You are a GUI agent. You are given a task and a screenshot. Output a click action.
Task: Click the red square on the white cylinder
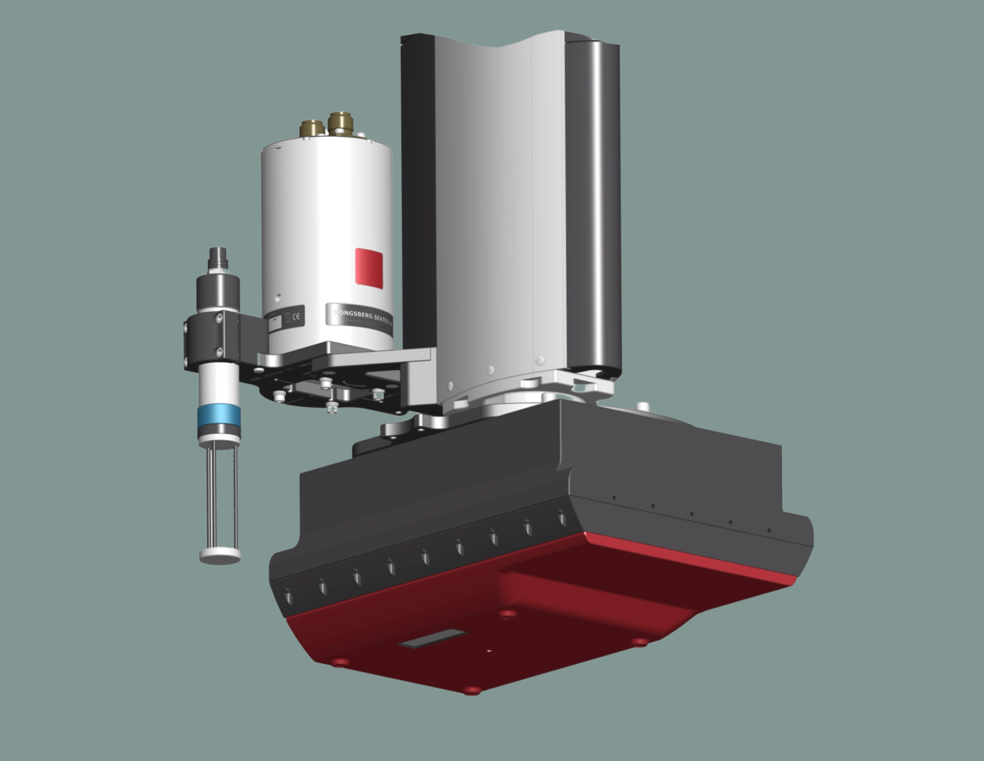369,268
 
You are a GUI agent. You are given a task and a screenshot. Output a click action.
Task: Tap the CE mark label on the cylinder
295,316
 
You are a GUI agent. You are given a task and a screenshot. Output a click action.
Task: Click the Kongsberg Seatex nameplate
359,320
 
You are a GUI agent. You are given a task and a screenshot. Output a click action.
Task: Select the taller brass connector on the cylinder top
340,123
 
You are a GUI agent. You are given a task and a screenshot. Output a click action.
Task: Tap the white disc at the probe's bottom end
220,556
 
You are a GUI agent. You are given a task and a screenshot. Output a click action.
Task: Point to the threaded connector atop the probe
219,258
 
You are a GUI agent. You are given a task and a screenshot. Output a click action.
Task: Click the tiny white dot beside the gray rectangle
490,651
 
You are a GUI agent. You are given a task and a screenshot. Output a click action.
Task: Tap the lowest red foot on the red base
472,691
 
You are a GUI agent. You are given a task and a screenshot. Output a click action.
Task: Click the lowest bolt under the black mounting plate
331,408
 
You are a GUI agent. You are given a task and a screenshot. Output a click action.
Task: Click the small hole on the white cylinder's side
278,297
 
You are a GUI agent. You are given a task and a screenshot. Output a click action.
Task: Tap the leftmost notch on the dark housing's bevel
289,598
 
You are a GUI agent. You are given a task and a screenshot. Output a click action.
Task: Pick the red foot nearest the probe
340,662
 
